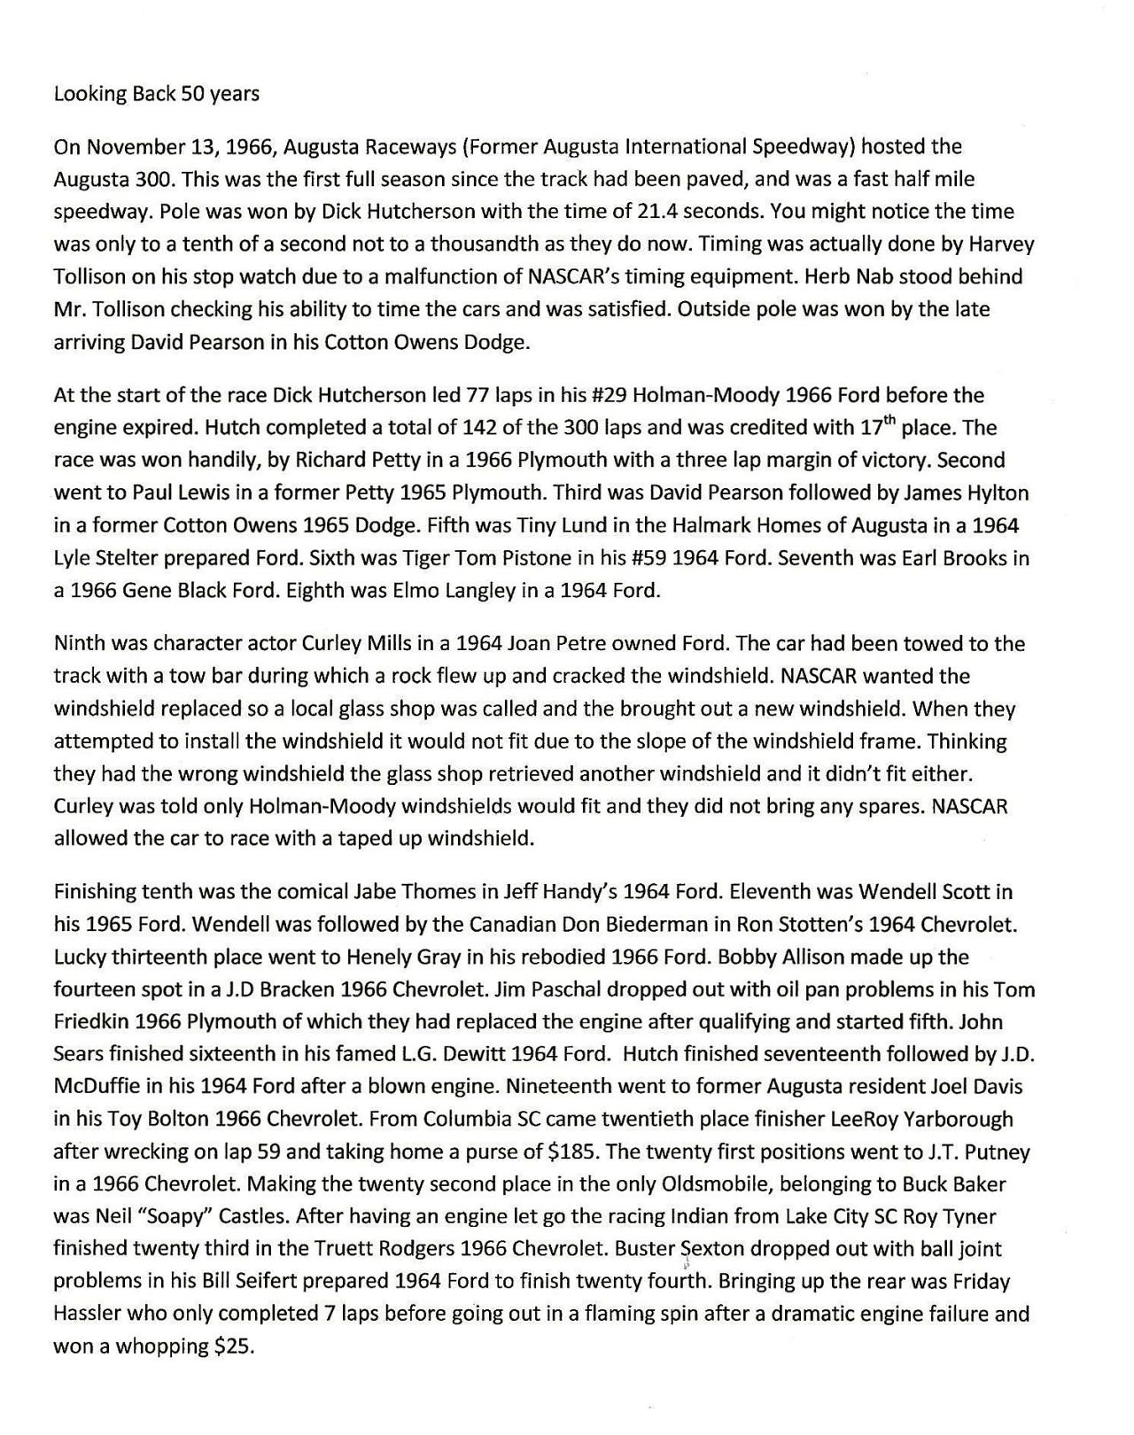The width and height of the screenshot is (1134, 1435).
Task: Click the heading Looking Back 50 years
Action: coord(156,94)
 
